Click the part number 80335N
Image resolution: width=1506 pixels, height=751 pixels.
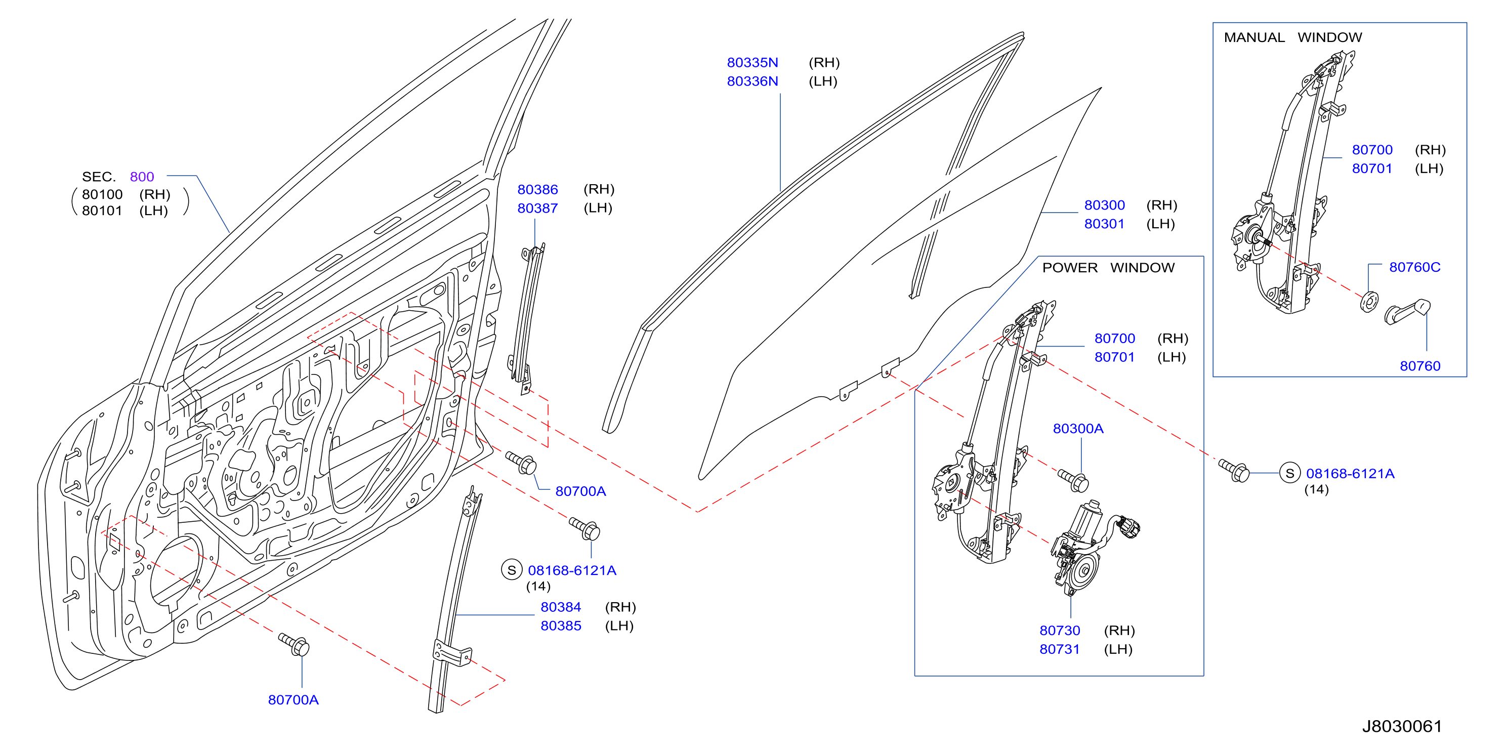pyautogui.click(x=752, y=63)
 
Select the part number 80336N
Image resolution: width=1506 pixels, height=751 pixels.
pyautogui.click(x=752, y=81)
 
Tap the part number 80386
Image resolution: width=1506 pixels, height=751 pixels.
pyautogui.click(x=537, y=189)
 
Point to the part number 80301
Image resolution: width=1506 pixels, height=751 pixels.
pyautogui.click(x=1104, y=224)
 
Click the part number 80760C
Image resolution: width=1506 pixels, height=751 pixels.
pyautogui.click(x=1415, y=267)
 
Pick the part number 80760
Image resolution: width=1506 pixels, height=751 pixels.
pyautogui.click(x=1420, y=366)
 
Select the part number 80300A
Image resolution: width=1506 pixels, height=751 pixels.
pyautogui.click(x=1078, y=429)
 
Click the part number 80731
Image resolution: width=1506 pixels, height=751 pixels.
pyautogui.click(x=1059, y=649)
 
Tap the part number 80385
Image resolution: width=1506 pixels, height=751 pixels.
pyautogui.click(x=561, y=626)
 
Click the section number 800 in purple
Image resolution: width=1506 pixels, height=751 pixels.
pyautogui.click(x=142, y=177)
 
